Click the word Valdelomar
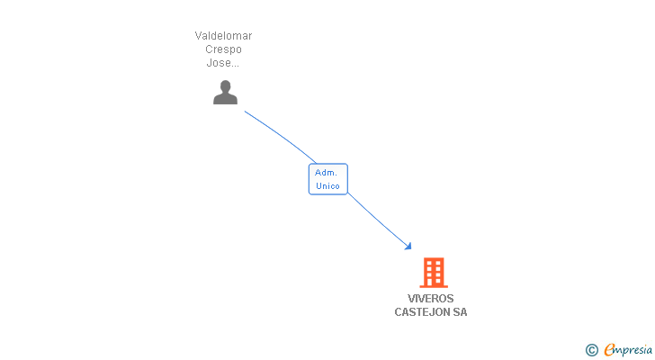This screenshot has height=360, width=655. pyautogui.click(x=223, y=36)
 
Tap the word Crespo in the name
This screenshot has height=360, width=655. pyautogui.click(x=223, y=49)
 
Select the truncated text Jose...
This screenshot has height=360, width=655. pyautogui.click(x=223, y=63)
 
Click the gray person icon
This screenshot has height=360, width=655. pyautogui.click(x=225, y=92)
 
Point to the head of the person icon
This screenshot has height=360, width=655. pyautogui.click(x=225, y=86)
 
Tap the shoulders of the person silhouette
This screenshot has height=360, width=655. pyautogui.click(x=225, y=99)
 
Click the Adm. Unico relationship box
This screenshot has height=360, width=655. pyautogui.click(x=327, y=179)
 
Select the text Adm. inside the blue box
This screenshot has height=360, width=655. pyautogui.click(x=326, y=172)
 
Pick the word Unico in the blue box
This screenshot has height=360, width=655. pyautogui.click(x=327, y=186)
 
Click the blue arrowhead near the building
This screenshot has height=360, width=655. pyautogui.click(x=408, y=246)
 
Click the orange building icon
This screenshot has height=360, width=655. pyautogui.click(x=433, y=273)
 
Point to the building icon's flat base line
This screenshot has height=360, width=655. pyautogui.click(x=433, y=286)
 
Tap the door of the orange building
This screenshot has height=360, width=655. pyautogui.click(x=433, y=282)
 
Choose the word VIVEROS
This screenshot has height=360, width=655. pyautogui.click(x=431, y=299)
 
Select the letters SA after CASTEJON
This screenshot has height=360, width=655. pyautogui.click(x=460, y=312)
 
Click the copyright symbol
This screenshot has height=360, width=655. pyautogui.click(x=592, y=350)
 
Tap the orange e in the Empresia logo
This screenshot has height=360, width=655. pyautogui.click(x=609, y=350)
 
